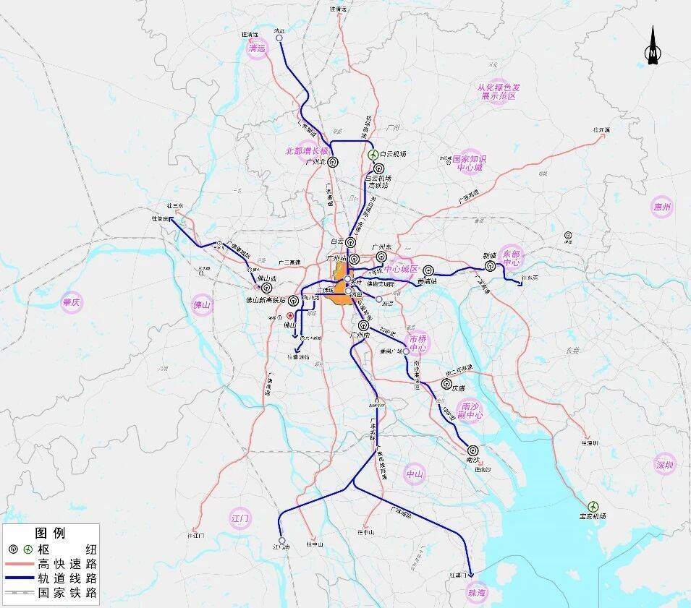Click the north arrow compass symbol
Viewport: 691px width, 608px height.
click(653, 48)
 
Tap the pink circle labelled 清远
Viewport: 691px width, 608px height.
click(257, 48)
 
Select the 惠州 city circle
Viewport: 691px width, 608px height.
click(661, 207)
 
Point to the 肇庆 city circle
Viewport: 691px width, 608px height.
click(71, 302)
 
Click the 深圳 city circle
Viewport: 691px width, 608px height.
click(664, 464)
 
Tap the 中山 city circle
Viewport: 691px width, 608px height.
click(414, 474)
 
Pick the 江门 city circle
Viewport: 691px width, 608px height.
click(239, 518)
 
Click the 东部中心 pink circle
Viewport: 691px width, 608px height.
click(511, 258)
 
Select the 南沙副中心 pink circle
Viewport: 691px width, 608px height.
click(471, 411)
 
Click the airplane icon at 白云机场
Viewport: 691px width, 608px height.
click(373, 154)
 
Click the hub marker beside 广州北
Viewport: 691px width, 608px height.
click(332, 163)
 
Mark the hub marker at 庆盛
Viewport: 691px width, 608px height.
click(446, 384)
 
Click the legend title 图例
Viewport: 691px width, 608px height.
click(50, 534)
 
